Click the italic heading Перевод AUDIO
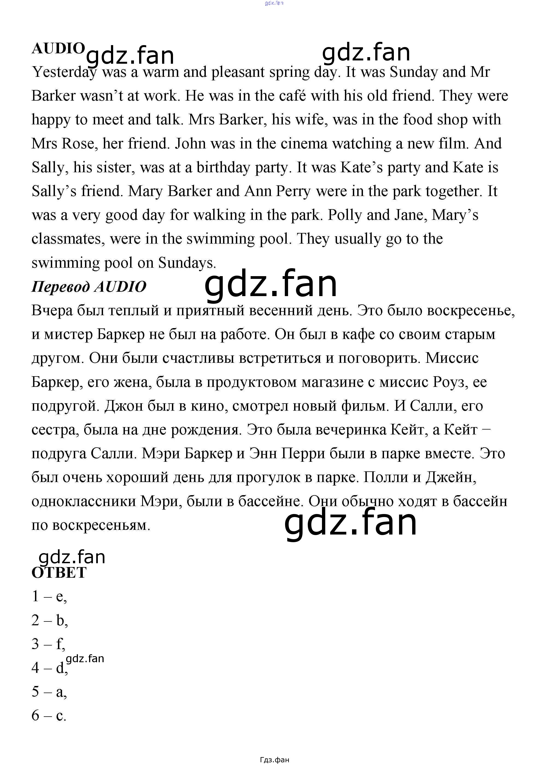pyautogui.click(x=89, y=287)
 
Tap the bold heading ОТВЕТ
pyautogui.click(x=59, y=573)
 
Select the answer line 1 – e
pyautogui.click(x=49, y=596)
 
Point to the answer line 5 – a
pyautogui.click(x=49, y=691)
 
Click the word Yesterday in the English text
pyautogui.click(x=64, y=72)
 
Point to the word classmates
pyautogui.click(x=66, y=239)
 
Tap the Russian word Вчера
pyautogui.click(x=52, y=310)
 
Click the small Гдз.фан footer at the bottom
pyautogui.click(x=274, y=760)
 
